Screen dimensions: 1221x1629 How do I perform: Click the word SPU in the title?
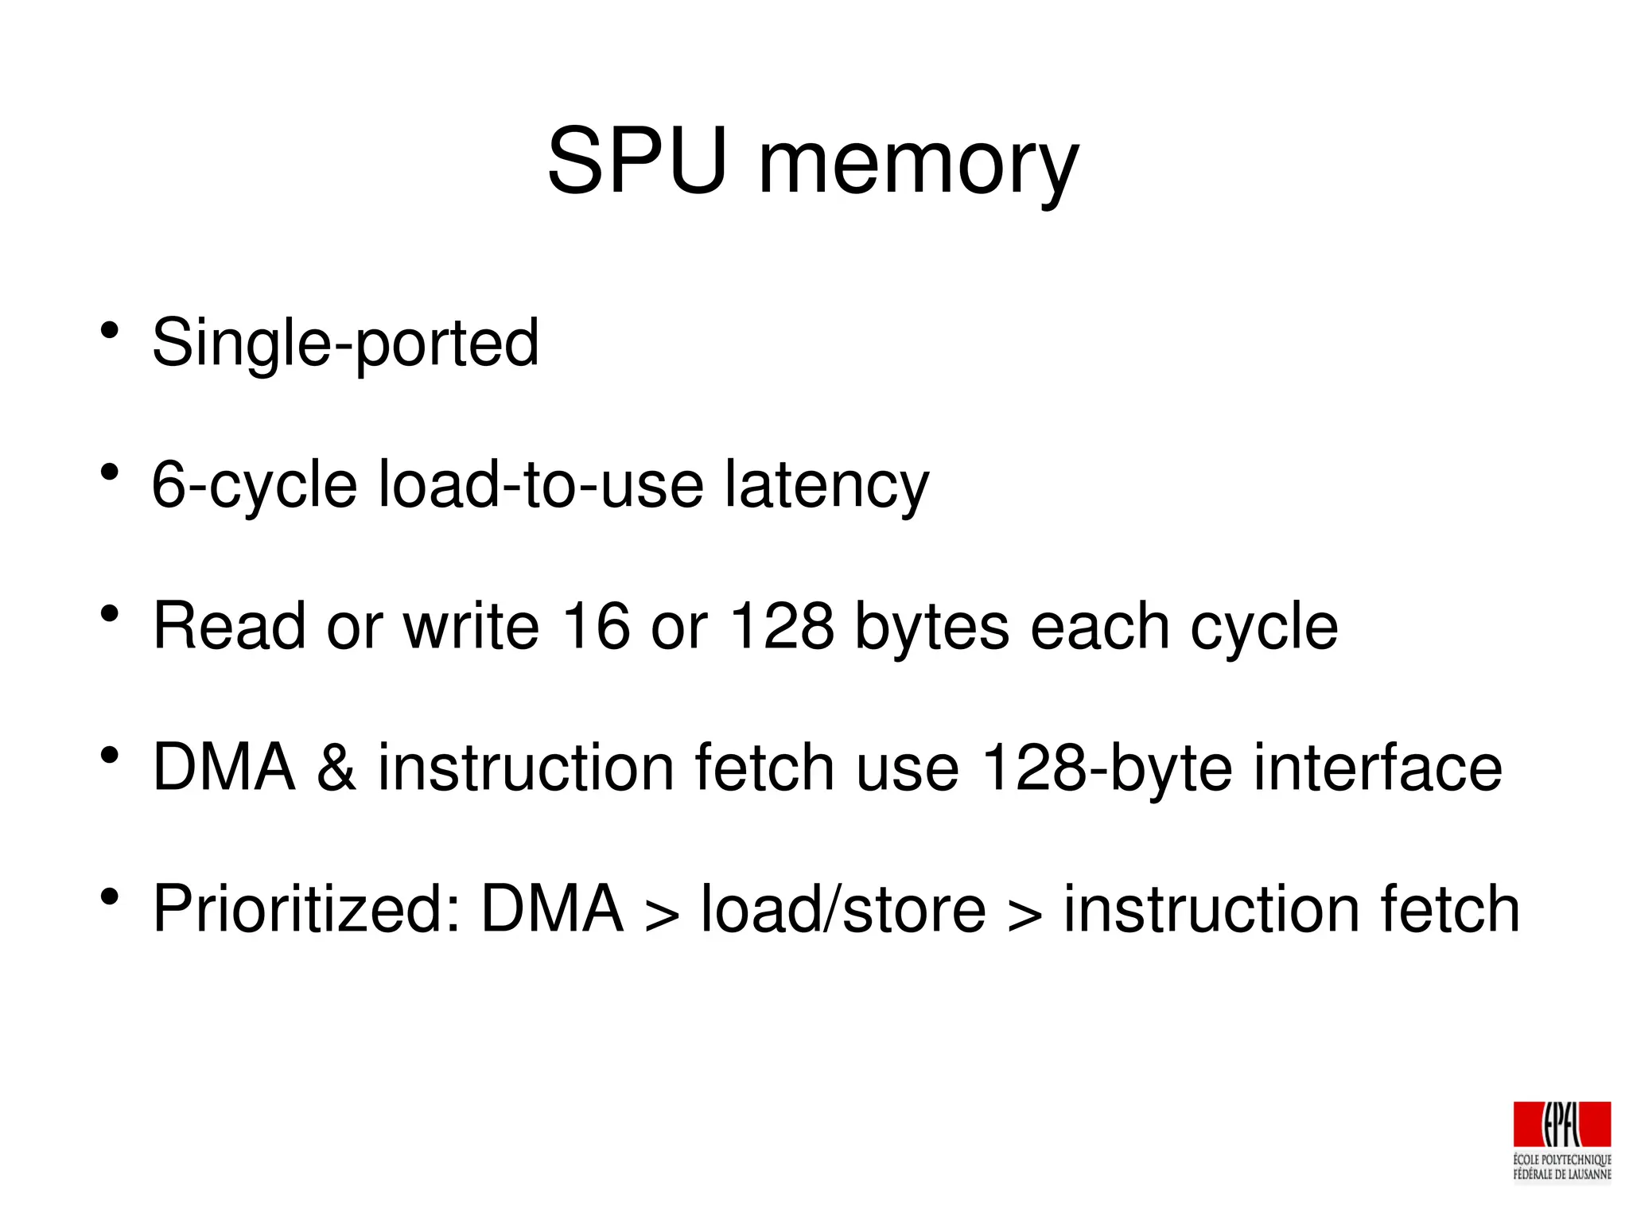click(637, 161)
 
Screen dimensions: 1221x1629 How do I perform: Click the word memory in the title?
click(919, 167)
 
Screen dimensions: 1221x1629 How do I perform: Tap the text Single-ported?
click(345, 344)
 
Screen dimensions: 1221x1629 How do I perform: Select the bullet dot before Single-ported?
click(110, 330)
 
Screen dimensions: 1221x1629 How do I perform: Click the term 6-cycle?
click(255, 485)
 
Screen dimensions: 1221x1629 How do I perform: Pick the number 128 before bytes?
click(782, 626)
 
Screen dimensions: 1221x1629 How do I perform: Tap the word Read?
click(229, 626)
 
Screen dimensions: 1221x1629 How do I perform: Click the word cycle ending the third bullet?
click(1264, 628)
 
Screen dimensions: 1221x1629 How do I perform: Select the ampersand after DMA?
click(336, 768)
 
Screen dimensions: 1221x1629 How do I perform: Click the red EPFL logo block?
click(1561, 1124)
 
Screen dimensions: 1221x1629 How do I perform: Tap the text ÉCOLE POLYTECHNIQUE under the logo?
click(1561, 1160)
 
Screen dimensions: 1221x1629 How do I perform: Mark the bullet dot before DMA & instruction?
click(110, 755)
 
